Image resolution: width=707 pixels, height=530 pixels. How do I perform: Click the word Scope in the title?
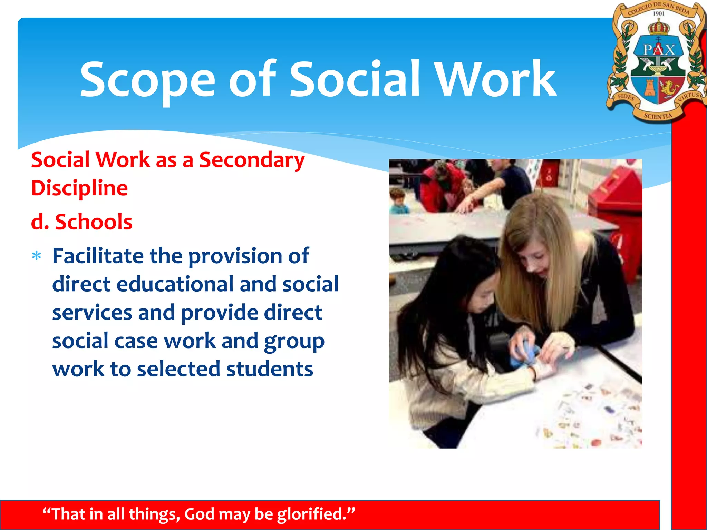148,80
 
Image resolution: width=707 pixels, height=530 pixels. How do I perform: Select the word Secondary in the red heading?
252,160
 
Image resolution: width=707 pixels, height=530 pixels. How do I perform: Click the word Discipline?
79,188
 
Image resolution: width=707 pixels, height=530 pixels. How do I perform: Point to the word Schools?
94,222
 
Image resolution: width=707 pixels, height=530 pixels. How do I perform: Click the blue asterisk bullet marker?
37,256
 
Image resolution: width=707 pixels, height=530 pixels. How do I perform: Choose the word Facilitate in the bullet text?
98,256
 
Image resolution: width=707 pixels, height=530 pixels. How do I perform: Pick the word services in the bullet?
92,313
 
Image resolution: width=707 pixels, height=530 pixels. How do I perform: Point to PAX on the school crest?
659,49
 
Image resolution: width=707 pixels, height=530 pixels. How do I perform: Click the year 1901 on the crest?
658,14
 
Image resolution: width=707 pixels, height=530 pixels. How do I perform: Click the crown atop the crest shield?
659,27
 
